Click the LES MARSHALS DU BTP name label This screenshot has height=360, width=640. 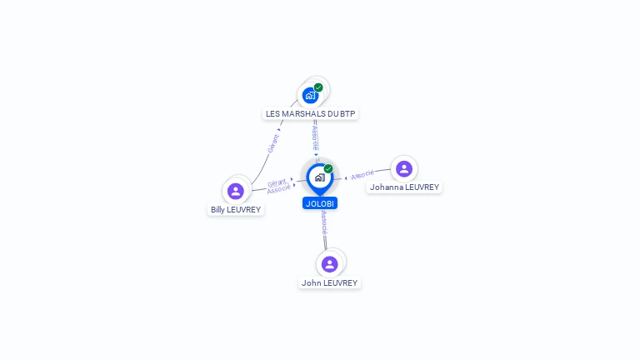pyautogui.click(x=311, y=113)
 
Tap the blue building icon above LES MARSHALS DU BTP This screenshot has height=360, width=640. pyautogui.click(x=310, y=95)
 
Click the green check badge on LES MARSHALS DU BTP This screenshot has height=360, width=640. pyautogui.click(x=318, y=87)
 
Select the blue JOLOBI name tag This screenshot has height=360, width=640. pyautogui.click(x=320, y=203)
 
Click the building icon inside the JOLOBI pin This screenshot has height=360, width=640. pyautogui.click(x=319, y=177)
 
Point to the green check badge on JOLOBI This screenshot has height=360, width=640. pyautogui.click(x=328, y=169)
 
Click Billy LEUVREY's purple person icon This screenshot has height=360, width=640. pyautogui.click(x=236, y=191)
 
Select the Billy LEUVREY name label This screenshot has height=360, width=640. pyautogui.click(x=236, y=210)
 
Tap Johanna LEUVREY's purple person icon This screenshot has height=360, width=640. pyautogui.click(x=404, y=168)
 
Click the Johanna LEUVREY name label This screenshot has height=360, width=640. pyautogui.click(x=404, y=187)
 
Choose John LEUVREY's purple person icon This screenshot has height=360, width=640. pyautogui.click(x=329, y=263)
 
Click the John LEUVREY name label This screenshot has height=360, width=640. pyautogui.click(x=329, y=283)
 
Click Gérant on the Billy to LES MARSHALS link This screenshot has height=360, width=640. pyautogui.click(x=272, y=144)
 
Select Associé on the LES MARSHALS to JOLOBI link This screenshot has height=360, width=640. pyautogui.click(x=315, y=137)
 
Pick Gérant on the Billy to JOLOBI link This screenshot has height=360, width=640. pyautogui.click(x=277, y=182)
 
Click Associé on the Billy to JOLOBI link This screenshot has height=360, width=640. pyautogui.click(x=278, y=190)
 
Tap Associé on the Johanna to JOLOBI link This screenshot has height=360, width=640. pyautogui.click(x=362, y=175)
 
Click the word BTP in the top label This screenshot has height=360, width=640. pyautogui.click(x=348, y=113)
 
